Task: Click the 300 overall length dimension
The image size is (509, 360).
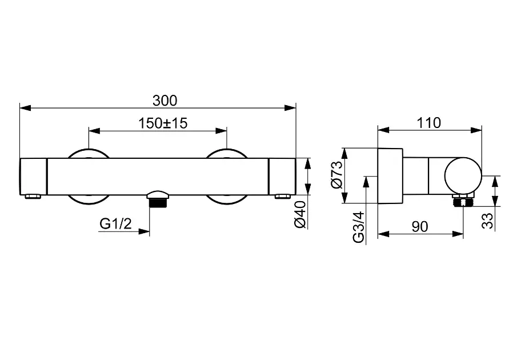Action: (x=165, y=101)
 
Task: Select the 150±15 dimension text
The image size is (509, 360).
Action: (x=163, y=123)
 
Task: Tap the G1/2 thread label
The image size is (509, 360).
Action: (x=115, y=223)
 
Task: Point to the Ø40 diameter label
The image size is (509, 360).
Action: (x=300, y=214)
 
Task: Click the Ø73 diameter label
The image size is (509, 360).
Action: (x=336, y=175)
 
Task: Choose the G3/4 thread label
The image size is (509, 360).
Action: (x=359, y=227)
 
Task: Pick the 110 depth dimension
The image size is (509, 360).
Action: (x=428, y=123)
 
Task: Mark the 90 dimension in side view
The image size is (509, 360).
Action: (x=420, y=227)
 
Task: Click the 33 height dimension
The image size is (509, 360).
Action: (x=487, y=221)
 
